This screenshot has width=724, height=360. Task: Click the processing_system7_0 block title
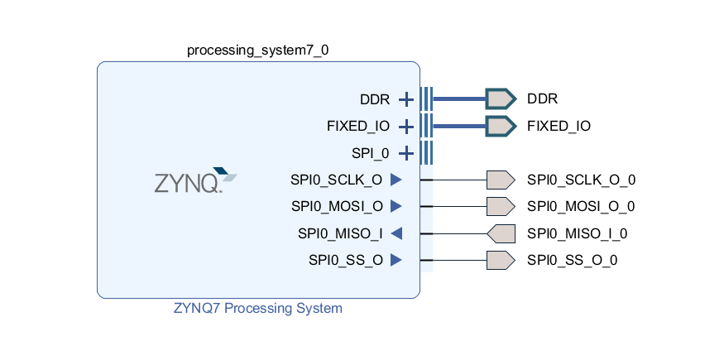(257, 50)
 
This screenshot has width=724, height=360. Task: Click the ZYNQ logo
(195, 180)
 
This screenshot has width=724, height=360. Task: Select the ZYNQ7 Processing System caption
(257, 309)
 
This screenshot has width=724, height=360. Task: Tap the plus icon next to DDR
(406, 99)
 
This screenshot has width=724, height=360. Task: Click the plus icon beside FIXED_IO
(406, 127)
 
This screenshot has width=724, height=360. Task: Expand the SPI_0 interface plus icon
(406, 153)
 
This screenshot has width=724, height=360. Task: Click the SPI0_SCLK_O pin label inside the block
(337, 180)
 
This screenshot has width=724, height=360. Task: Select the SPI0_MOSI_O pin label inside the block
(337, 206)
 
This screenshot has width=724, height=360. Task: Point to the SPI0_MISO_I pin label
(340, 233)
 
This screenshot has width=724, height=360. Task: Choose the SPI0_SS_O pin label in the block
(345, 260)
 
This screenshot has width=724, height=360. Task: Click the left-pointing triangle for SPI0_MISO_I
(396, 233)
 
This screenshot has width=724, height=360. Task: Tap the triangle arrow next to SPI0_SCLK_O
(396, 180)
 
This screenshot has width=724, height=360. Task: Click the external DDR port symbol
(500, 99)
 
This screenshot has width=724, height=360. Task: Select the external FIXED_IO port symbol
(500, 127)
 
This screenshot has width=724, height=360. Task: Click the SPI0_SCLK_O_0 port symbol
(500, 180)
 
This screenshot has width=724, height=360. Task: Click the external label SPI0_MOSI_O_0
(581, 206)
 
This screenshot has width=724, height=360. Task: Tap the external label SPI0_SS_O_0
(573, 260)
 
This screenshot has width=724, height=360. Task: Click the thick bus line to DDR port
(459, 99)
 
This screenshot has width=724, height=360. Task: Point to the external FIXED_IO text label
(559, 127)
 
